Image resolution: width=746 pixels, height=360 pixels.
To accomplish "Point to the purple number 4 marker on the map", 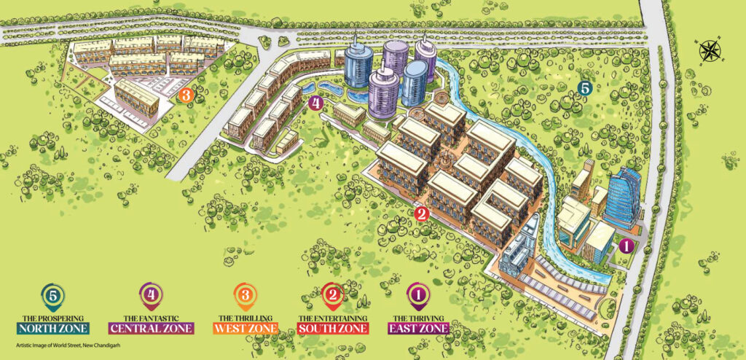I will tap(315, 103).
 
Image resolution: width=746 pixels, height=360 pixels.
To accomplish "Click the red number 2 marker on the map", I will tap(420, 214).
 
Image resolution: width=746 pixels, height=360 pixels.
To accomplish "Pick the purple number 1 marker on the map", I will tap(624, 246).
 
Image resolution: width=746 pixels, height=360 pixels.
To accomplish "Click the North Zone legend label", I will tap(52, 328).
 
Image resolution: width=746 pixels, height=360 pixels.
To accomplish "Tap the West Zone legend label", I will tap(246, 328).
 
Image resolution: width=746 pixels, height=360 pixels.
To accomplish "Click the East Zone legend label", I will tap(418, 328).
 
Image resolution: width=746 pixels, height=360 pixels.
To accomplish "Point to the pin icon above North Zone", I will tap(52, 297).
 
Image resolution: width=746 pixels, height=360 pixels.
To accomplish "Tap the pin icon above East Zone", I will tap(418, 297).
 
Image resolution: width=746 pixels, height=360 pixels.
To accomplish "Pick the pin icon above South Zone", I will tap(333, 297).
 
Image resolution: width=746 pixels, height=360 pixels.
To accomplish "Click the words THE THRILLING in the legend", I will tap(246, 318).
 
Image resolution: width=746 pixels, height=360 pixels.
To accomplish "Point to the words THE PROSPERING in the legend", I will tap(52, 318).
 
